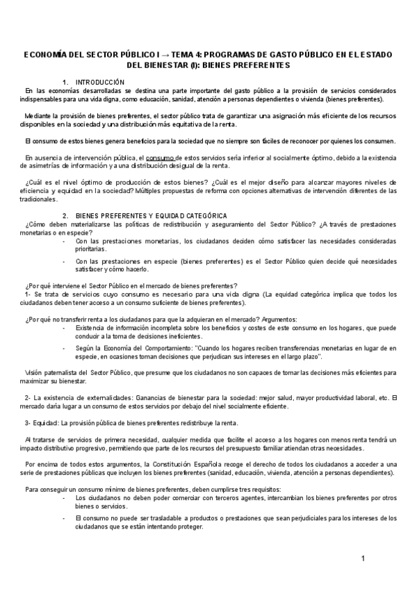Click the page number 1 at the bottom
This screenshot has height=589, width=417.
(x=363, y=559)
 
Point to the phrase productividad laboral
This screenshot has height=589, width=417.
(x=317, y=398)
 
